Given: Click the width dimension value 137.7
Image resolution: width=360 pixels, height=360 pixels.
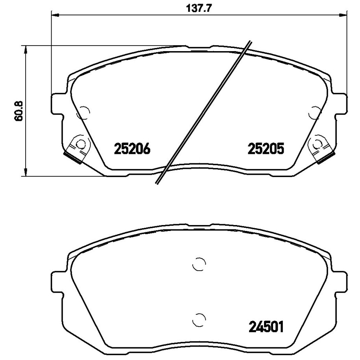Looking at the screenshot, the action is point(198,9).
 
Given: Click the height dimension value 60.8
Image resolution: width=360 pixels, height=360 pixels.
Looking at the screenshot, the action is point(19,111).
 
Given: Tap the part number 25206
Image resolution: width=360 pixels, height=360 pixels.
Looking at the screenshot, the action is point(132,149).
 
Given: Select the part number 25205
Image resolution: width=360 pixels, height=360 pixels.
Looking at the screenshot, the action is point(266,149).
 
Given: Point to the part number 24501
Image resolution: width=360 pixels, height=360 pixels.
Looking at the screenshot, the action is point(266,327).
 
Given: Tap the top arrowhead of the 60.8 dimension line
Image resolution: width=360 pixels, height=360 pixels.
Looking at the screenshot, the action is point(26,49).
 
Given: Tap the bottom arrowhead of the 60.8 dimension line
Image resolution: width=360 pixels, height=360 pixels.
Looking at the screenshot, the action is point(26,172).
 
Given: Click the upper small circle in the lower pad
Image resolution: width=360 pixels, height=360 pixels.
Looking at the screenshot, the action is point(199,264).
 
